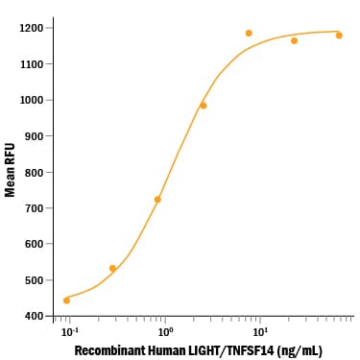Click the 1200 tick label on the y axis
(30, 28)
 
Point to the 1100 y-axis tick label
(30, 64)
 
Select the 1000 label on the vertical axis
(30, 100)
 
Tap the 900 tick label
(34, 136)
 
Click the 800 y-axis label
(34, 173)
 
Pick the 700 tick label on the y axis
(34, 208)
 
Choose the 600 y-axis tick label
(34, 244)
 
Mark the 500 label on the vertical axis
(34, 280)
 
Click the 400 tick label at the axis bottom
(34, 316)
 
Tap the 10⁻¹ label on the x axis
(69, 332)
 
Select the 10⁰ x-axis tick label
(165, 332)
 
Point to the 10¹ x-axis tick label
(260, 332)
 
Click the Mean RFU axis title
(10, 170)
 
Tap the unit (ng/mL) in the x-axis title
(300, 351)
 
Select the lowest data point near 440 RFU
(66, 300)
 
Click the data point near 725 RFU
(157, 200)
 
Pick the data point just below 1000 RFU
(204, 106)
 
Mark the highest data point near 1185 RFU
(249, 33)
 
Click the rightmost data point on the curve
(339, 36)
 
